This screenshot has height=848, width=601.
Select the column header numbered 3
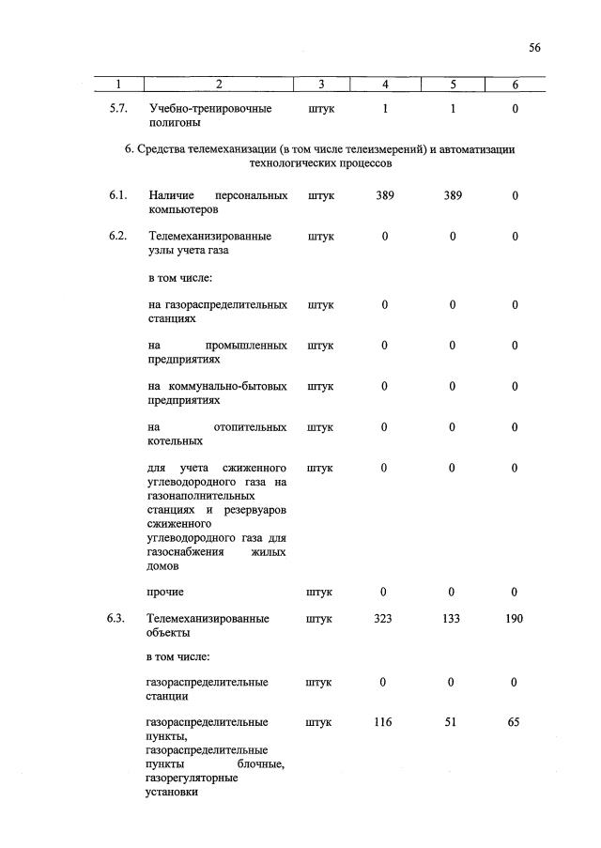click(x=321, y=85)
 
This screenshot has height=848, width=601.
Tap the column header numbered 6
click(x=515, y=85)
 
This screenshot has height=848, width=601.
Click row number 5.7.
click(x=118, y=109)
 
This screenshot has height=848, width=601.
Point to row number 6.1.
click(x=117, y=195)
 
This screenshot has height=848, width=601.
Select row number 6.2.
click(x=117, y=236)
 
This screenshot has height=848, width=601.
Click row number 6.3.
click(x=117, y=619)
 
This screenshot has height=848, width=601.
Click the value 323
click(x=384, y=619)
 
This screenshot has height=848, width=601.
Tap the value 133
click(x=452, y=619)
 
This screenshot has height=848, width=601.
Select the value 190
click(x=515, y=619)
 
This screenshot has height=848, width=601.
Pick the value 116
click(x=384, y=722)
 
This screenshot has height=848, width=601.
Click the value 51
click(x=452, y=722)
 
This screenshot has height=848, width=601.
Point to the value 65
click(x=515, y=722)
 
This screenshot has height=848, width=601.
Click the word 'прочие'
click(x=165, y=593)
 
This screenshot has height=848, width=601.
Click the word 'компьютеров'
click(x=182, y=209)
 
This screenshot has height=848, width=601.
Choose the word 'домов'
click(x=163, y=566)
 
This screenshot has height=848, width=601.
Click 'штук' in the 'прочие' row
click(x=320, y=593)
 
